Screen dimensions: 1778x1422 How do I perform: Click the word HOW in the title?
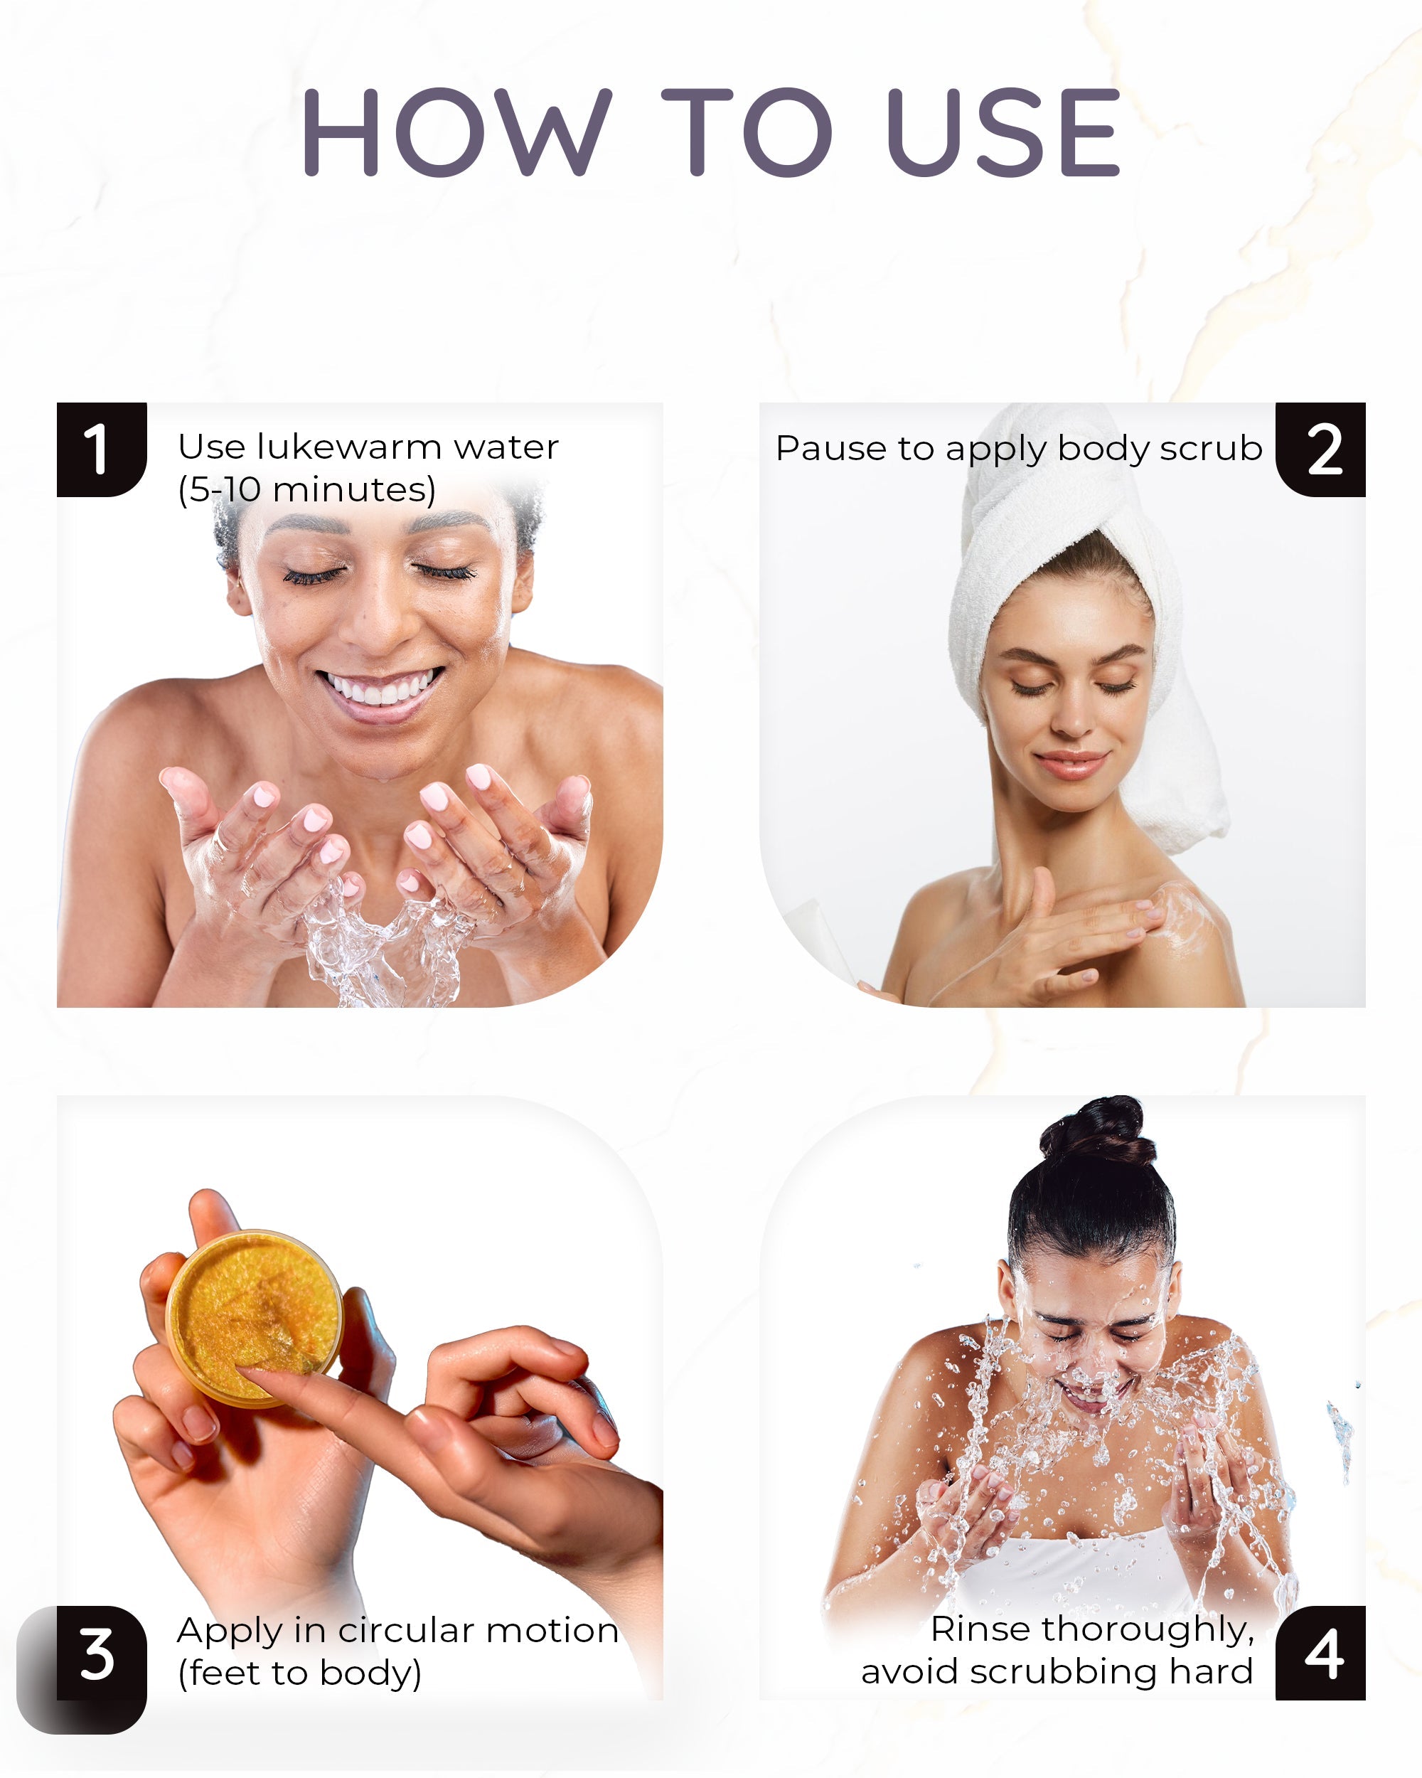click(x=456, y=132)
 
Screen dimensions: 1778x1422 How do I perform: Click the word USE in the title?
click(x=1003, y=132)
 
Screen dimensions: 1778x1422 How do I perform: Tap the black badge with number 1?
click(x=100, y=449)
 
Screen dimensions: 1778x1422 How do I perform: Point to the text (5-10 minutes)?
click(x=306, y=490)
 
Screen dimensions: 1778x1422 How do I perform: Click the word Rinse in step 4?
click(x=981, y=1629)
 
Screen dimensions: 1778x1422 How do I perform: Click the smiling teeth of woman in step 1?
click(x=381, y=688)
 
